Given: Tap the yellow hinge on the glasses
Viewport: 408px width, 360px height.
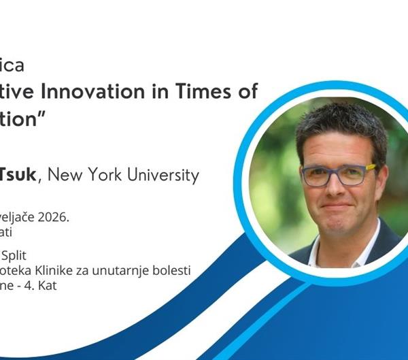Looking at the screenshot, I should (x=371, y=167).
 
